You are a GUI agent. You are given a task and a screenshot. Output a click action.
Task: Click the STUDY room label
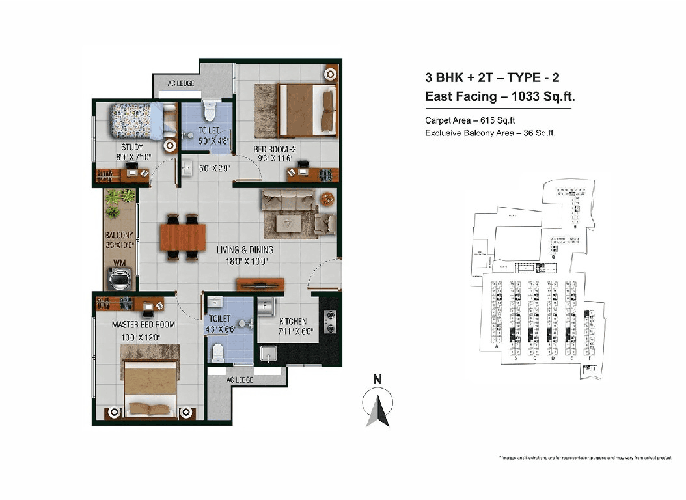point(131,147)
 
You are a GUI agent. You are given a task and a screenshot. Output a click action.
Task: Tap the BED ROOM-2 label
point(275,149)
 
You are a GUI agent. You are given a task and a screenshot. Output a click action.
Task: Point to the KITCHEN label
point(293,322)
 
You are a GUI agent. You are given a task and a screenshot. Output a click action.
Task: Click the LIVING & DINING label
point(244,250)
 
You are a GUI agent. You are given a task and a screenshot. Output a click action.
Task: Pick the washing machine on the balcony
point(120,279)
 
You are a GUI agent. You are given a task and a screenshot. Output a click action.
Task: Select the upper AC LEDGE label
point(182,83)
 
